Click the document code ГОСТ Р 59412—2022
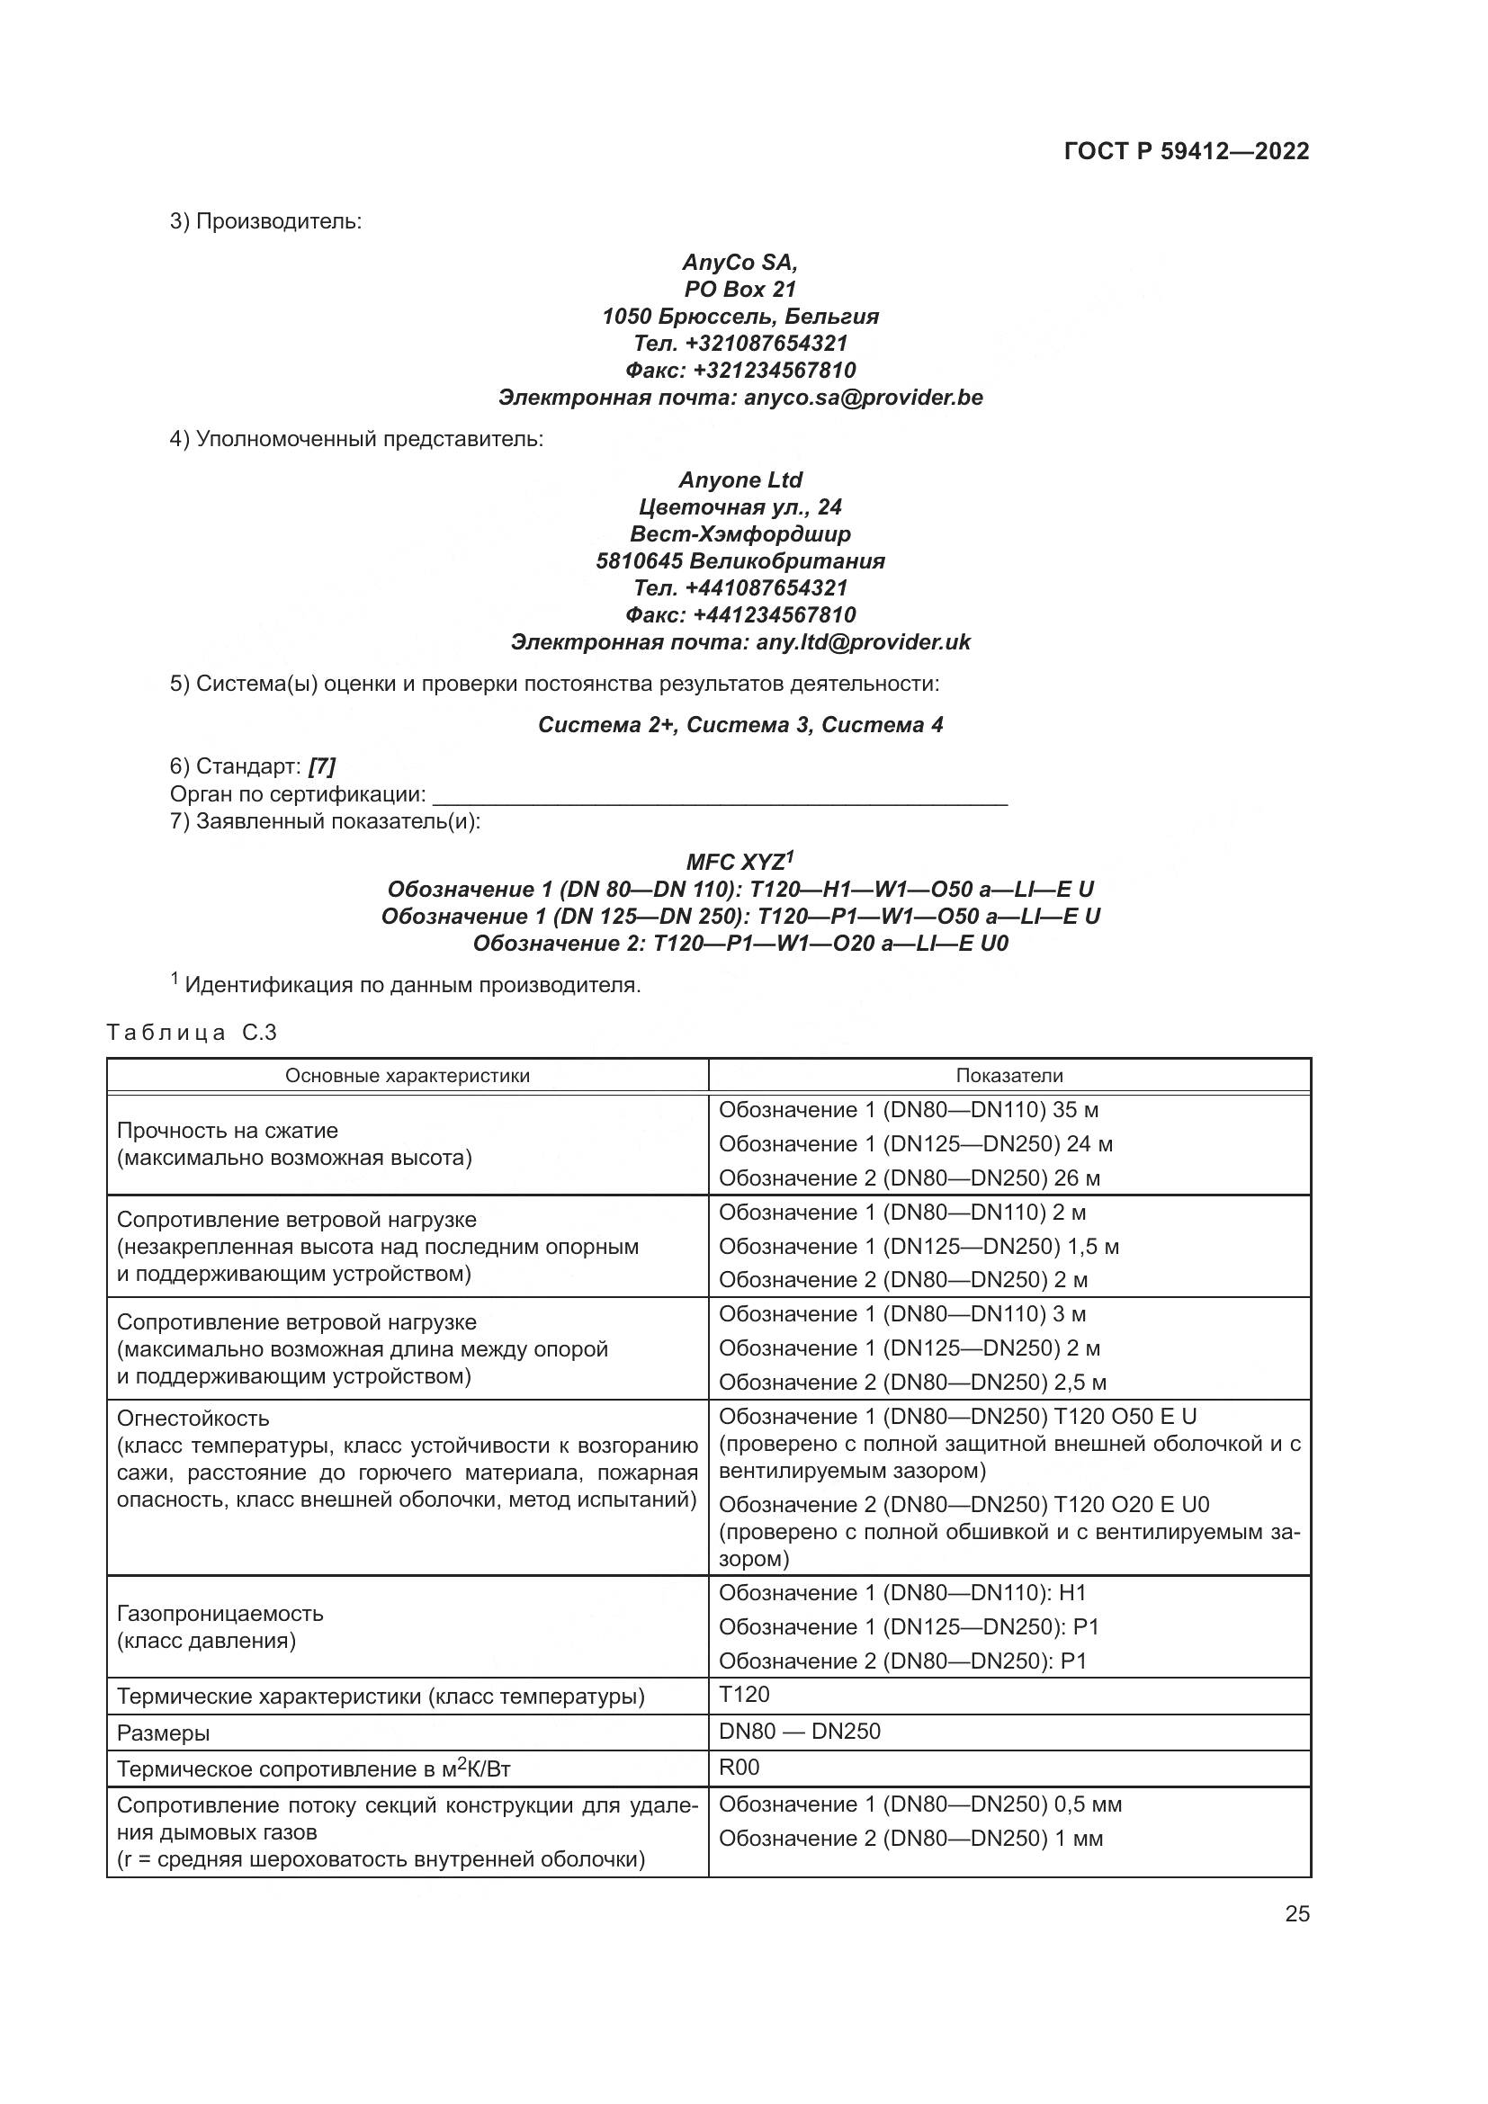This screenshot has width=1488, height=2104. [x=1186, y=151]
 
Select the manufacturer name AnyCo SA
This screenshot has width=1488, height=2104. [x=740, y=262]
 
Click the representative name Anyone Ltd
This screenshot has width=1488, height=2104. [x=740, y=480]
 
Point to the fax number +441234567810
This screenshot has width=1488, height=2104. [x=774, y=614]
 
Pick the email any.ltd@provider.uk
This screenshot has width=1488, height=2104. [x=862, y=641]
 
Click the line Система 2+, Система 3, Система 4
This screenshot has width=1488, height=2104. [x=740, y=725]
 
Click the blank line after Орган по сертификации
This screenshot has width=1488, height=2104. [x=720, y=795]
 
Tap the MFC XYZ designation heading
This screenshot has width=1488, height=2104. [x=740, y=863]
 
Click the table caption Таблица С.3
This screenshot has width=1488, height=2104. [x=192, y=1033]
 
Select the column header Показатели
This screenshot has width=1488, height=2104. [x=1008, y=1076]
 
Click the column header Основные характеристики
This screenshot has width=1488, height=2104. [x=407, y=1076]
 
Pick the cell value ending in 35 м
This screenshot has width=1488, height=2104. [x=908, y=1110]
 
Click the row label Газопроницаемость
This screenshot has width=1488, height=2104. [x=220, y=1613]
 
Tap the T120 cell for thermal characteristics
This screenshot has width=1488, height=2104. [x=744, y=1695]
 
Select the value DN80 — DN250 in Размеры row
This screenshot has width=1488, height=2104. [x=799, y=1731]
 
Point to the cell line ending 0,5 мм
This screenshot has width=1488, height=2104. [x=920, y=1804]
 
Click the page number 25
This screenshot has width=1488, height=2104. [x=1296, y=1914]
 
